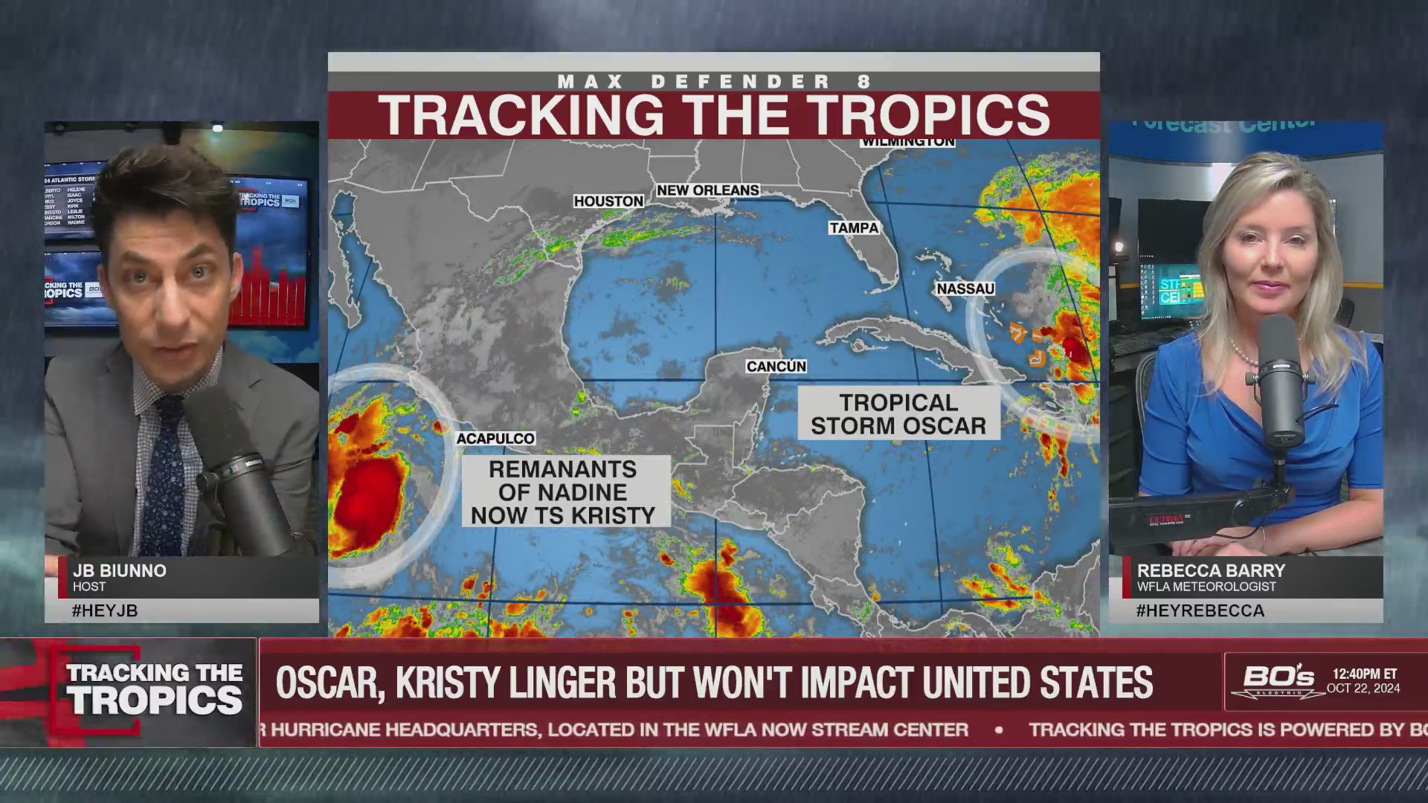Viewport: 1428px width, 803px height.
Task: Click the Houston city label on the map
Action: tap(608, 201)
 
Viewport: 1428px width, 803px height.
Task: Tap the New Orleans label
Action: tap(707, 190)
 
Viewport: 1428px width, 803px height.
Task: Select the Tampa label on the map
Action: tap(854, 228)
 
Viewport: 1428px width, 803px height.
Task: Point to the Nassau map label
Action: tap(965, 288)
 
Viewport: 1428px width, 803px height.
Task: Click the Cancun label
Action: tap(776, 367)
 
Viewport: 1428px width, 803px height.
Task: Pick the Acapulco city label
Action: tap(495, 439)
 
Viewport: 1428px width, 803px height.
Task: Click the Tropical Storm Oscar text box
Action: tap(898, 414)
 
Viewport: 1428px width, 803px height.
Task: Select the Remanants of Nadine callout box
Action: tap(563, 492)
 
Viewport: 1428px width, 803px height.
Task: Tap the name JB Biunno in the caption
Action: tap(120, 570)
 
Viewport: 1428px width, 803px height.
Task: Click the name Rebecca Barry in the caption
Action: tap(1211, 570)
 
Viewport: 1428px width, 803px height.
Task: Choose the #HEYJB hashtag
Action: tap(105, 610)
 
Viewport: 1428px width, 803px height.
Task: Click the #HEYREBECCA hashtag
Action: tap(1200, 610)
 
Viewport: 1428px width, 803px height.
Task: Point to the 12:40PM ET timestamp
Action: tap(1364, 674)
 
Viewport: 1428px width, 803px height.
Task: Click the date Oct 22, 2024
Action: tap(1363, 688)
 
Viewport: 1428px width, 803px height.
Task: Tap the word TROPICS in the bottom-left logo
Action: tap(155, 700)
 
